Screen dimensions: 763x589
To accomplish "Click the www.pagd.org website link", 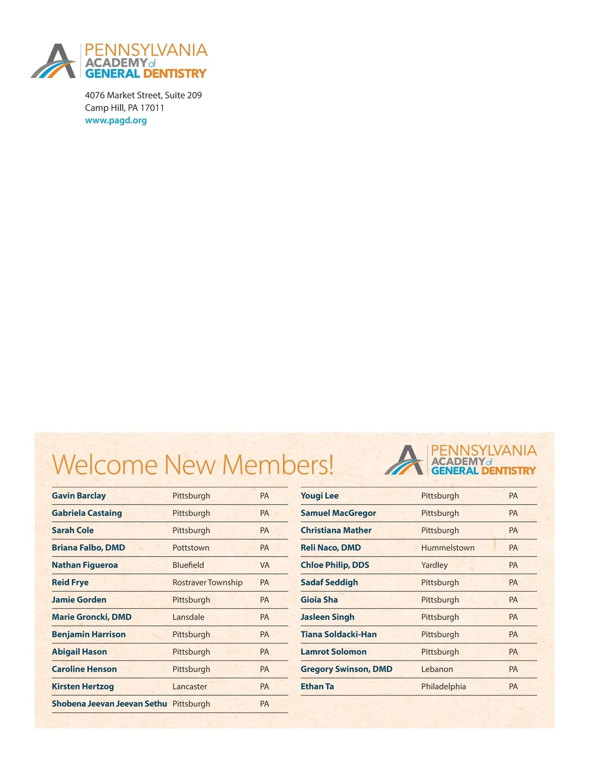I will pyautogui.click(x=116, y=120).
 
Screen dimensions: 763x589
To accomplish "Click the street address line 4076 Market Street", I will pyautogui.click(x=143, y=95).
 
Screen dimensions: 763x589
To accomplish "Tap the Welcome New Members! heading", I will pyautogui.click(x=192, y=464).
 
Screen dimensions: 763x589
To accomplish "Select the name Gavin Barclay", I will pyautogui.click(x=79, y=496).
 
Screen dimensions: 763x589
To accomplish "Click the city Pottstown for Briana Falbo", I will pyautogui.click(x=190, y=548).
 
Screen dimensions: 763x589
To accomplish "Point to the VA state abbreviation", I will pyautogui.click(x=265, y=565).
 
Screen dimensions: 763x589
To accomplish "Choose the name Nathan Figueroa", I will pyautogui.click(x=84, y=565).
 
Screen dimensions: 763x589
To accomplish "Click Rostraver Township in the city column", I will pyautogui.click(x=207, y=583).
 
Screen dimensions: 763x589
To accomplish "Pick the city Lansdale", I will pyautogui.click(x=188, y=617).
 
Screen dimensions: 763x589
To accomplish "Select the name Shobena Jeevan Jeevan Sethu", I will pyautogui.click(x=109, y=704).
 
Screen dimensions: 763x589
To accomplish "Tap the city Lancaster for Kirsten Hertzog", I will pyautogui.click(x=189, y=686).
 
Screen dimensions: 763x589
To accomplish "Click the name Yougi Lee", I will pyautogui.click(x=320, y=496).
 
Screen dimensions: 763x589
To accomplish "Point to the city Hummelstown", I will pyautogui.click(x=448, y=548).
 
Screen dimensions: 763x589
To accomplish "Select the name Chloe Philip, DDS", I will pyautogui.click(x=335, y=565).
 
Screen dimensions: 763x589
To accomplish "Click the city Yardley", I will pyautogui.click(x=434, y=565).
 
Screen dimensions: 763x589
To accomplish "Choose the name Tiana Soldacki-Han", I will pyautogui.click(x=339, y=634).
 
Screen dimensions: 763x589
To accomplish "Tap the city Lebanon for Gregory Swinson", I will pyautogui.click(x=437, y=669).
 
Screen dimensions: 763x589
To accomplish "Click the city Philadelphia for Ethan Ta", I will pyautogui.click(x=443, y=686).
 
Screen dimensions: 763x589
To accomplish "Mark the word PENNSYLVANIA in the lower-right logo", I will pyautogui.click(x=483, y=451).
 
